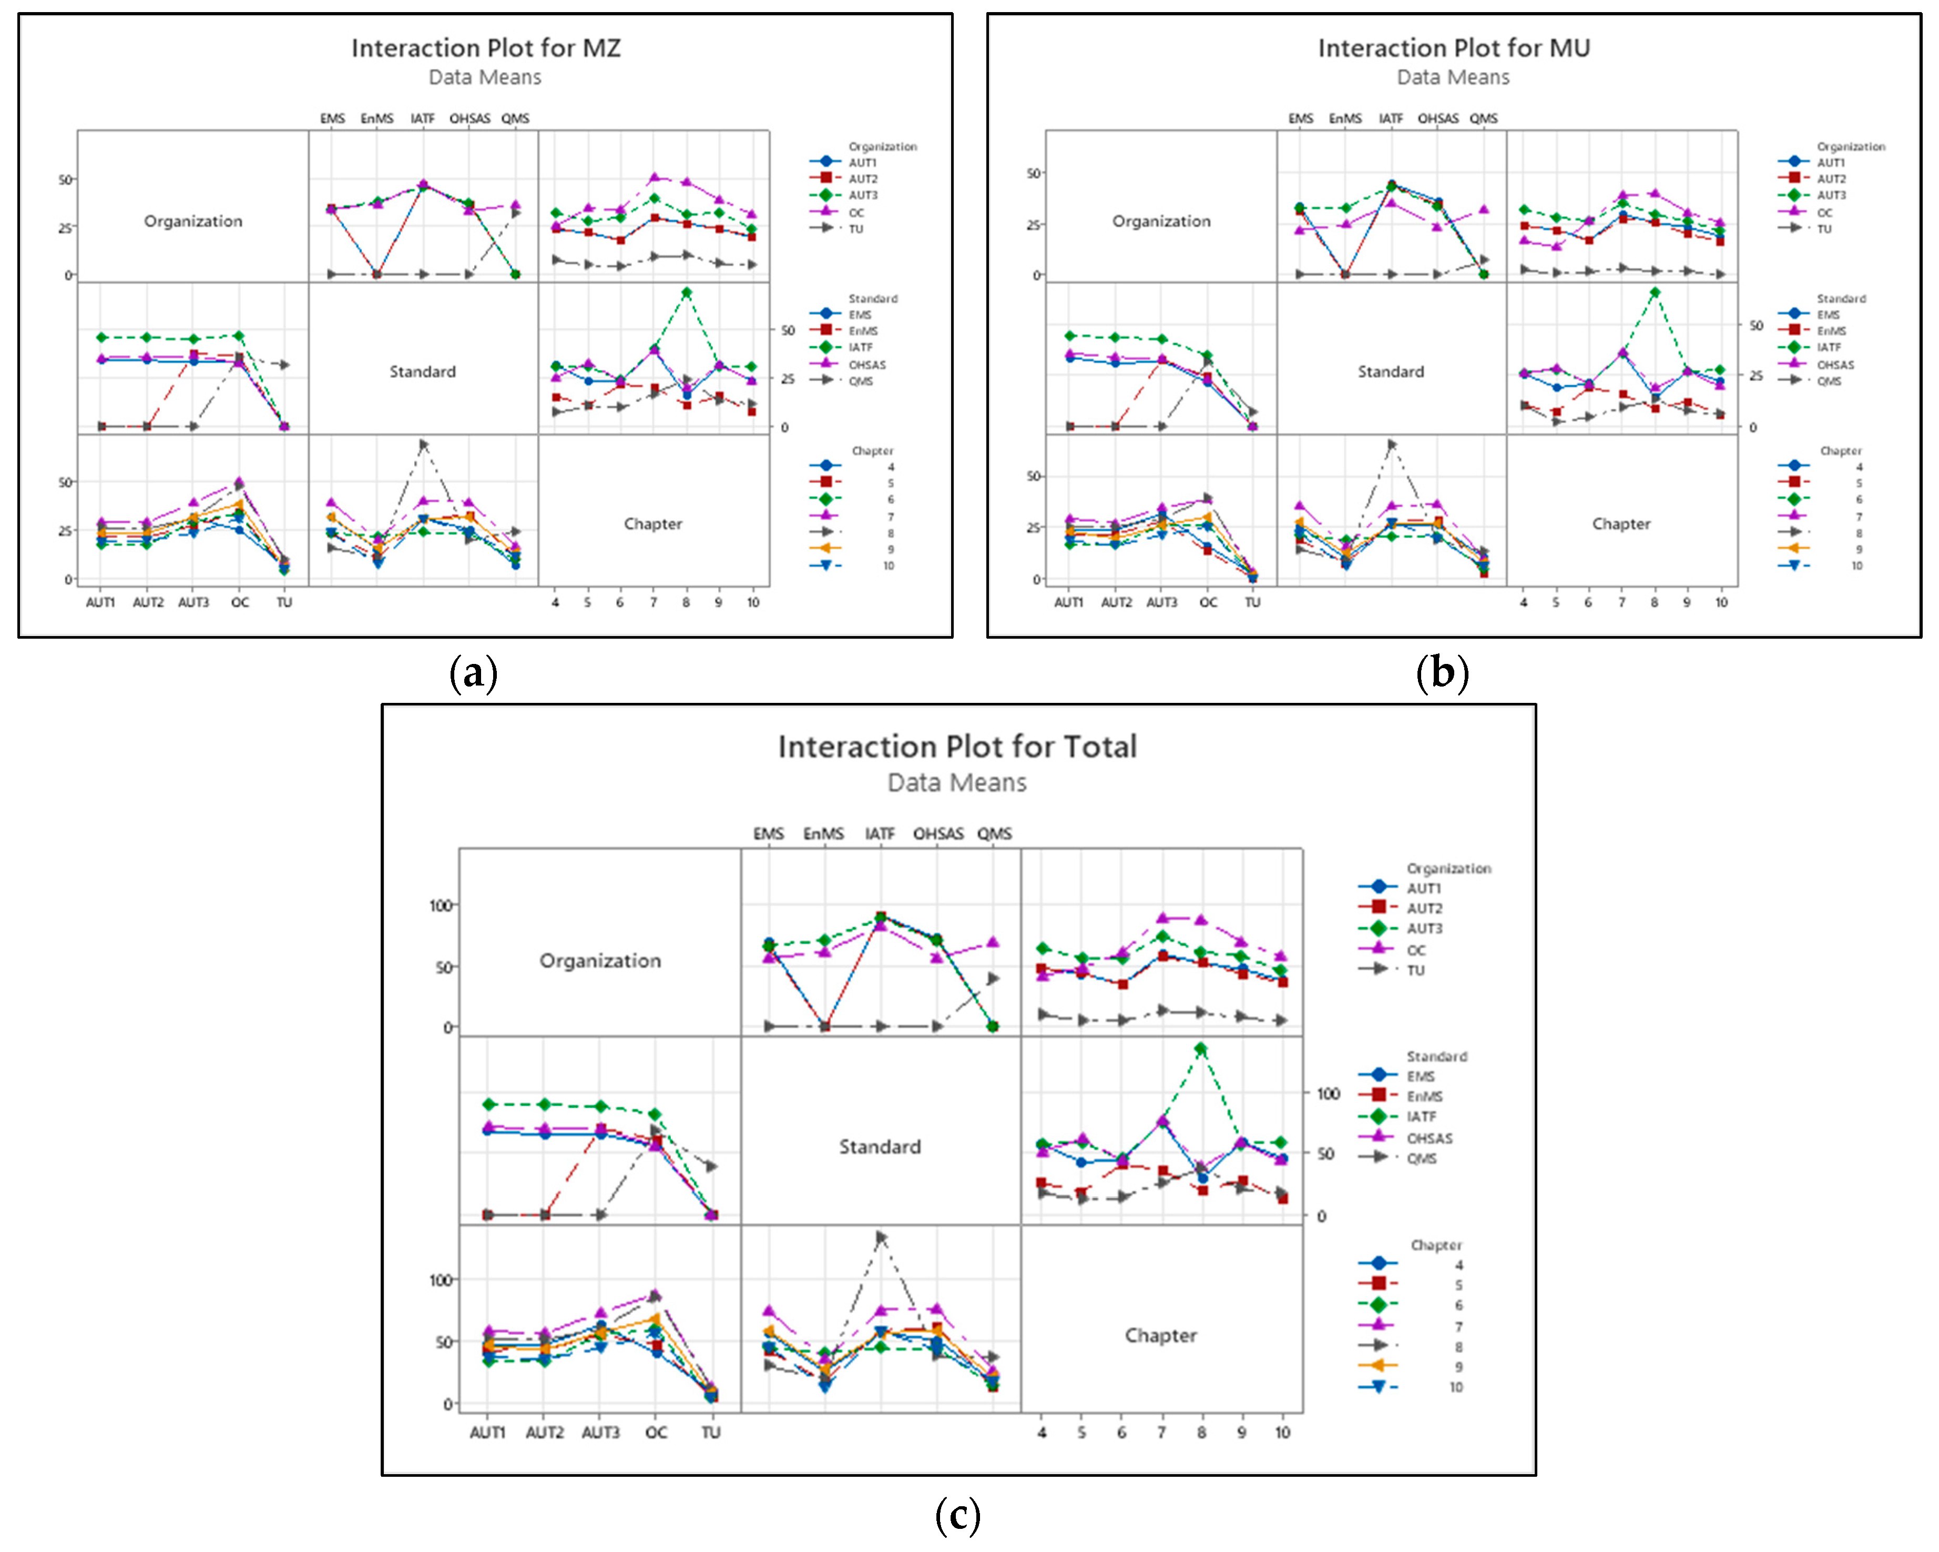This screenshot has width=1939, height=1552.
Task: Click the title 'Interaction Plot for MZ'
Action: (486, 48)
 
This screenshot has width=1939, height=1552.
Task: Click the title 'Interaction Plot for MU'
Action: (1453, 48)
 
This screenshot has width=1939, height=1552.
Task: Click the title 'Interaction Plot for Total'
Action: (957, 746)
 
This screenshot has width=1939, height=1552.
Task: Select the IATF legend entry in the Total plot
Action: (1421, 1116)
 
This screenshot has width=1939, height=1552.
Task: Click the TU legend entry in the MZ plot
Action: (855, 228)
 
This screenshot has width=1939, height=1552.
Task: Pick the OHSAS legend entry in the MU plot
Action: (1835, 365)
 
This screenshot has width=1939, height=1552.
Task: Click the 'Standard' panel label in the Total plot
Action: (880, 1146)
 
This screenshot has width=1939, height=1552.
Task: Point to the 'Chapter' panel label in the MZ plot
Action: (653, 523)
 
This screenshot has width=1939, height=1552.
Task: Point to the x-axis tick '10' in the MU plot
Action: (1720, 602)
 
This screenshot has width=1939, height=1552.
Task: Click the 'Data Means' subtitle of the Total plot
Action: (957, 782)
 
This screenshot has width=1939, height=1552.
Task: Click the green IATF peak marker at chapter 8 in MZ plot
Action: (686, 293)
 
